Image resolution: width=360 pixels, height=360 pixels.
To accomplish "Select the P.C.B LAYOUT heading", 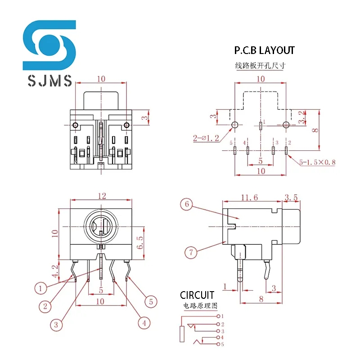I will click(264, 50).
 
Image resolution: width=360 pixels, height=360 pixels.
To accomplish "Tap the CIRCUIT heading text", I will click(197, 295).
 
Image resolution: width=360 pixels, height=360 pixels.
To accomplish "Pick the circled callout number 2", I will click(45, 307).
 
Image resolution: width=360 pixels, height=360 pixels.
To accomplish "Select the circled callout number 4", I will click(144, 323).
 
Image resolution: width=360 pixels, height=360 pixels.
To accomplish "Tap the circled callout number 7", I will click(191, 252).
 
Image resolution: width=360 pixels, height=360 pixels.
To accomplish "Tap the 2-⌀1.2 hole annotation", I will click(206, 138).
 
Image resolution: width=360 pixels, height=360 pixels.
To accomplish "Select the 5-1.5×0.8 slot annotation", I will click(318, 162).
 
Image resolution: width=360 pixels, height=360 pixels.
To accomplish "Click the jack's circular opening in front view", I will click(101, 225).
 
